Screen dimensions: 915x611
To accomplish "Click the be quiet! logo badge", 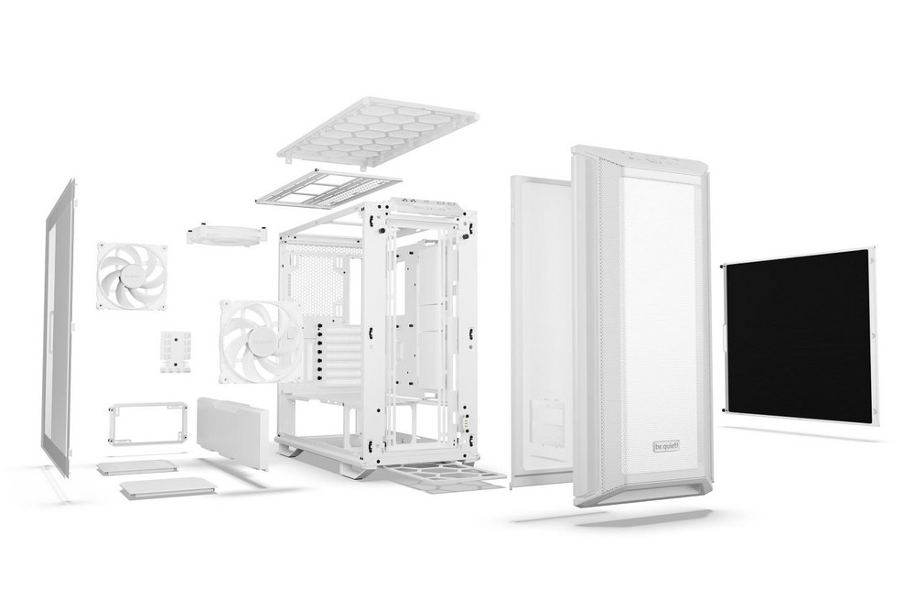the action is [666, 445].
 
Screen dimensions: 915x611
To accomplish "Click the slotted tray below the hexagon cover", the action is [328, 188].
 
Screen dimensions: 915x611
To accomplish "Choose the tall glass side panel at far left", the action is [57, 327].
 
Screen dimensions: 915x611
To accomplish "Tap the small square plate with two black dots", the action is [176, 351].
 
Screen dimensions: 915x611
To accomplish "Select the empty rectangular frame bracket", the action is [146, 421].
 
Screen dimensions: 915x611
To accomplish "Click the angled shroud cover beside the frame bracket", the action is [232, 431].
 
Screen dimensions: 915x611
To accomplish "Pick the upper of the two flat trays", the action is [137, 467].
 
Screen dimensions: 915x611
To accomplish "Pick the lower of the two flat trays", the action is [167, 488].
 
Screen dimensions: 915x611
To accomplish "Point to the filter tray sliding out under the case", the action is [444, 476].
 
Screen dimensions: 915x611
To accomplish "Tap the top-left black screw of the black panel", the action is [725, 267].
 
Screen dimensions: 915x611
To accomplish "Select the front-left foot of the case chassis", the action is [292, 450].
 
